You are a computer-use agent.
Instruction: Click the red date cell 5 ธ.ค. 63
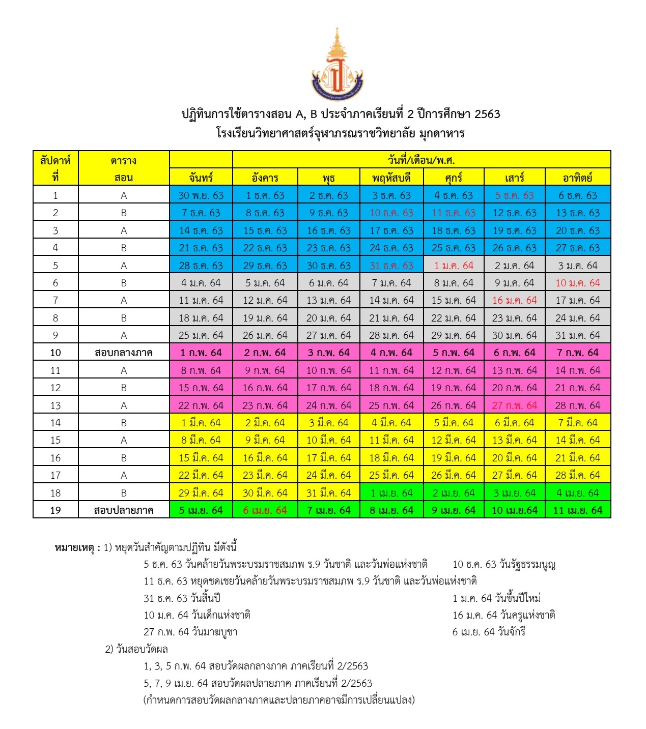point(514,195)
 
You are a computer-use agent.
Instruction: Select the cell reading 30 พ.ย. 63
point(201,195)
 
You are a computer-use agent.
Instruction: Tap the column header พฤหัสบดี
point(391,178)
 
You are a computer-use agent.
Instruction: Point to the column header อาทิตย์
point(577,178)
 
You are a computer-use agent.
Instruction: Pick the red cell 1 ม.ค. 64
point(453,266)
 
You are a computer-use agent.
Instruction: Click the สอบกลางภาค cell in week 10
point(124,353)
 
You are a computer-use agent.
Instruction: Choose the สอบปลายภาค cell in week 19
point(124,510)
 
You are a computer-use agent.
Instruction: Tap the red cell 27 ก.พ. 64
point(514,405)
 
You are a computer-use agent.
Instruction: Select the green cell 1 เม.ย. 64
point(391,492)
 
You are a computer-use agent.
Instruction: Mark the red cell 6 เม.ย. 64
point(265,510)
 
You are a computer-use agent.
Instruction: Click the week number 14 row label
point(55,423)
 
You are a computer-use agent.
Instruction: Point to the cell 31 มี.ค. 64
point(328,492)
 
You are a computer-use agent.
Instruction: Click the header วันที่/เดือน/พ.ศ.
point(421,160)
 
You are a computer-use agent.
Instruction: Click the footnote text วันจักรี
point(512,632)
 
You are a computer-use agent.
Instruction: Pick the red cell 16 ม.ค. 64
point(514,300)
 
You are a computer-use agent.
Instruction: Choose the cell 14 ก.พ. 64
point(577,370)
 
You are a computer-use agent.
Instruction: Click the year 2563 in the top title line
point(487,114)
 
